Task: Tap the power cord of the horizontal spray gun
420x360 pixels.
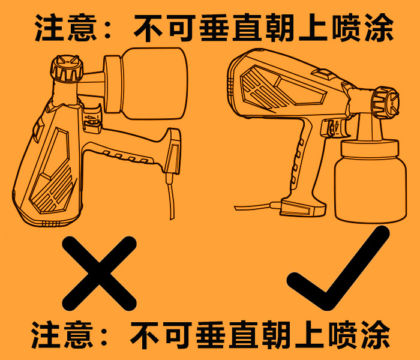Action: (252, 208)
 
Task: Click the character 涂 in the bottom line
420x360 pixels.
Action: (376, 335)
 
